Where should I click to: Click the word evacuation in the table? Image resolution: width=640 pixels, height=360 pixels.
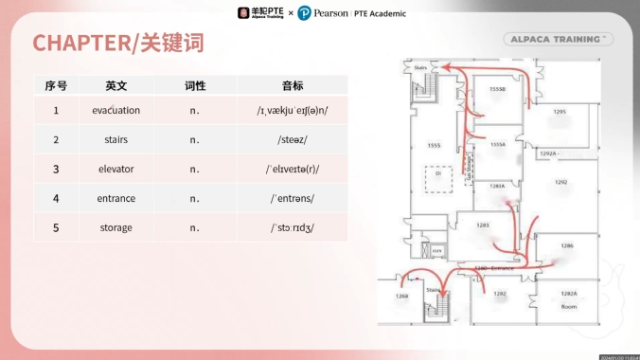[116, 110]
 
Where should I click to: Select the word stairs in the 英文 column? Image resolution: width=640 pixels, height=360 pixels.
[116, 139]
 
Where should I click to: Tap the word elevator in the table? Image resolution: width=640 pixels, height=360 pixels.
[116, 169]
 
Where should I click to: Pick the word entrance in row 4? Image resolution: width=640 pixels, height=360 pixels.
[116, 198]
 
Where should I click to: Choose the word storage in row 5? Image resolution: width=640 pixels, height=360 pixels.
[116, 227]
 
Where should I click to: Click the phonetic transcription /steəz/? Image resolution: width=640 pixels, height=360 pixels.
[292, 139]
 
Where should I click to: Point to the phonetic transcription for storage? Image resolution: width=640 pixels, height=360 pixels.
[292, 227]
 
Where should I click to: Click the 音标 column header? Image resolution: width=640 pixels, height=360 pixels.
[292, 85]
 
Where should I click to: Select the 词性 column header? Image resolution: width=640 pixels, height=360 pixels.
[194, 85]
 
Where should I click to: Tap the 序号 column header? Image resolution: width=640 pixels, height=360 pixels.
[56, 85]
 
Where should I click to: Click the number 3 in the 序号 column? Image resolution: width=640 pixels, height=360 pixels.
[56, 169]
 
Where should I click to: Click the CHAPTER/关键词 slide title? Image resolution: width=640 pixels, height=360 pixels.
[118, 43]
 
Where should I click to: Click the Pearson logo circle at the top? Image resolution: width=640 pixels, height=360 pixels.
[304, 13]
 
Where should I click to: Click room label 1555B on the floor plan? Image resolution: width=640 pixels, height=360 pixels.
[498, 89]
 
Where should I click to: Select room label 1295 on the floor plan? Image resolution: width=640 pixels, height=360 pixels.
[560, 112]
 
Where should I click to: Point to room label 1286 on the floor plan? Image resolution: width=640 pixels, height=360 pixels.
[567, 245]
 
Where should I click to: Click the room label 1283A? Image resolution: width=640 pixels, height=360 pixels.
[497, 186]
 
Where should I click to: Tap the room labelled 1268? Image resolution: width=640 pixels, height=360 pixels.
[401, 296]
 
